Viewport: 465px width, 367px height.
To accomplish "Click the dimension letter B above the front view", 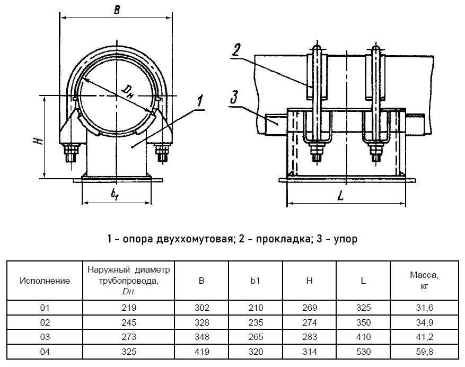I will click(x=116, y=9).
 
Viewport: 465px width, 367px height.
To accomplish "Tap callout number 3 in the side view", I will click(x=234, y=97).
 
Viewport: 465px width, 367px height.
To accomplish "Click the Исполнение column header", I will click(x=45, y=281).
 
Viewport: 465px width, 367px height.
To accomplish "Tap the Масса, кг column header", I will click(x=424, y=281).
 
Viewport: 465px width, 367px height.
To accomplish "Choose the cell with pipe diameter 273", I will click(x=129, y=337).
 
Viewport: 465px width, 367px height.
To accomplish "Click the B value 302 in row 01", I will click(x=202, y=308).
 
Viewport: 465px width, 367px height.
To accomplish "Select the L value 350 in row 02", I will click(x=363, y=322).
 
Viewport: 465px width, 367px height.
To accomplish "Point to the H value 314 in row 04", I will click(x=310, y=351).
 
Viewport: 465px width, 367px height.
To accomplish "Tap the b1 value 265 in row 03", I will click(x=256, y=337).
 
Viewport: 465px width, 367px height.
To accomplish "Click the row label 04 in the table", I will click(x=45, y=351).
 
